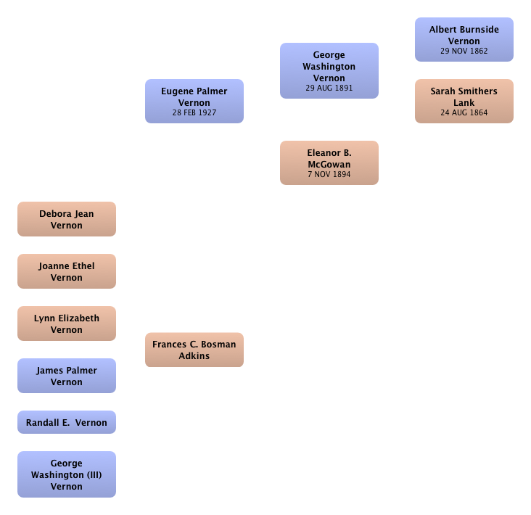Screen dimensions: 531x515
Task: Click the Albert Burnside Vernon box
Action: tap(464, 40)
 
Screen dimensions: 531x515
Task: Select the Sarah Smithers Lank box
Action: tap(464, 102)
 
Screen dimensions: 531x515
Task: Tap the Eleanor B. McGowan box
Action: tap(329, 163)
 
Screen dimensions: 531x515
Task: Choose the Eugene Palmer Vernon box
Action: tap(194, 102)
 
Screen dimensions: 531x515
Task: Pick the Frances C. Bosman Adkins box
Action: tap(194, 350)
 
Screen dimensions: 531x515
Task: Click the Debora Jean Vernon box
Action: tap(67, 219)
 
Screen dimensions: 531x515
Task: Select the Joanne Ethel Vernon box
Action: tap(67, 271)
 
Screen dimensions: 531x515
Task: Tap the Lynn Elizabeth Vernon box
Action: tap(67, 324)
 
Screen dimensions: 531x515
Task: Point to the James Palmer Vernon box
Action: tap(67, 376)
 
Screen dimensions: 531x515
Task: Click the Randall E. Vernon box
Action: tap(67, 422)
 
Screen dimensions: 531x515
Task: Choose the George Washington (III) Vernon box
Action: tap(67, 474)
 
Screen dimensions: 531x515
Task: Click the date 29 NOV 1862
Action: tap(464, 51)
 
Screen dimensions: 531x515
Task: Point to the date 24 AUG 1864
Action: tap(464, 112)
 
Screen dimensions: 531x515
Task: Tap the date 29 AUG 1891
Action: tap(329, 88)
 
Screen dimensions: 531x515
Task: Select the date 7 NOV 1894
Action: tap(329, 174)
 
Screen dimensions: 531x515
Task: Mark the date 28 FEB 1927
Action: tap(194, 112)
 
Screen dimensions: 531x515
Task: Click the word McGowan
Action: tap(329, 165)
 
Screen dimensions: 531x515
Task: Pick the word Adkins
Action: tap(194, 356)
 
